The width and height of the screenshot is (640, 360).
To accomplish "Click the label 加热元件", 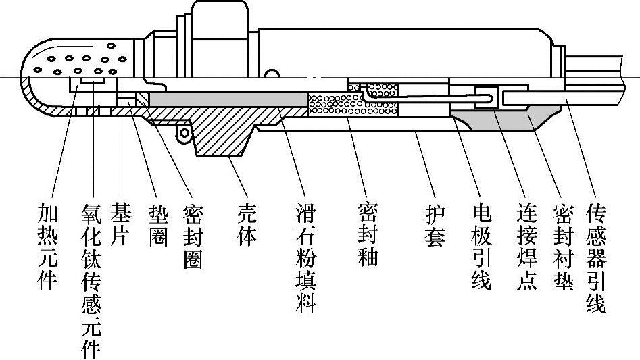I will coord(47,247).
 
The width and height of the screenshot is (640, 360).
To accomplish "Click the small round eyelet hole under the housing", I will coord(180,134).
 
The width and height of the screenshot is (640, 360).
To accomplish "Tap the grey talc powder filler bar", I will coord(226,100).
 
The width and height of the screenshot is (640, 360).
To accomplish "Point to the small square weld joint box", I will coord(487,97).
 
